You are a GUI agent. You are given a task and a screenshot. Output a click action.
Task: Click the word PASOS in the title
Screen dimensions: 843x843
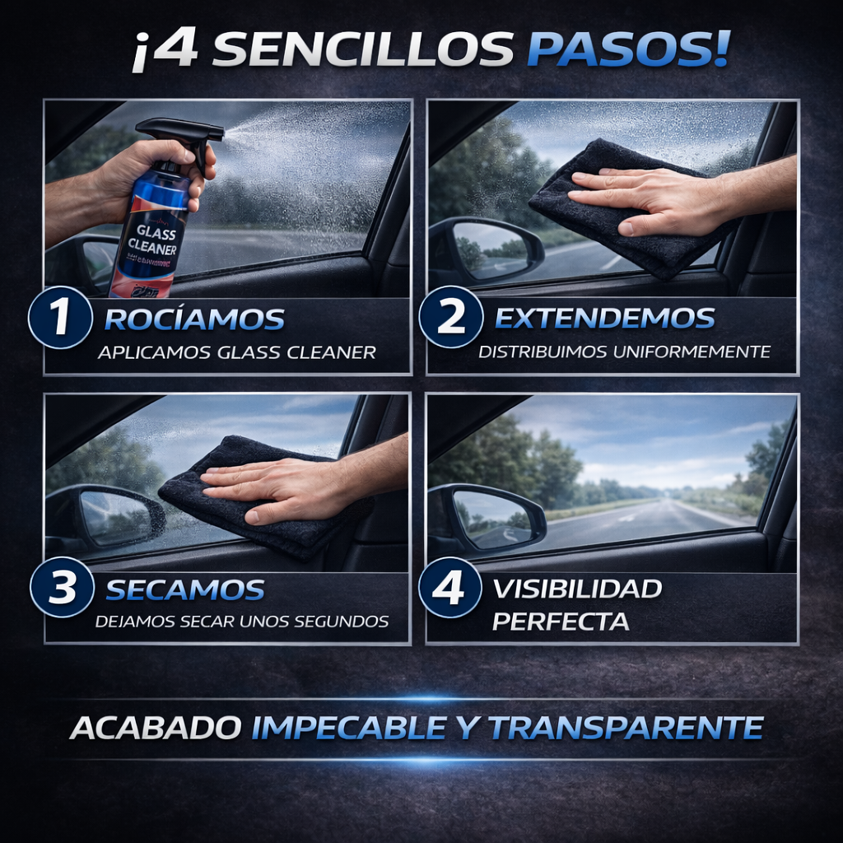[x=627, y=51]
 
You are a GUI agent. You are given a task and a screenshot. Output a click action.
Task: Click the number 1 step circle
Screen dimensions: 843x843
[x=60, y=319]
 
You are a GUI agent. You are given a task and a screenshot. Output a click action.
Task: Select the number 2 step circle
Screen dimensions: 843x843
[x=450, y=318]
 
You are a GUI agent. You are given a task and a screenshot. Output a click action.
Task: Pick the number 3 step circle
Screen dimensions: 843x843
[x=61, y=589]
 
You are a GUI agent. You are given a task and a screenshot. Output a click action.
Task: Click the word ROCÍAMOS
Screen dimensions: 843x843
[x=194, y=319]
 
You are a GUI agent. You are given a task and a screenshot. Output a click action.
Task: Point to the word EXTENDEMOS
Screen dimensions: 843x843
[x=604, y=319]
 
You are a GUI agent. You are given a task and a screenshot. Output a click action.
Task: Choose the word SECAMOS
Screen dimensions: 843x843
[x=185, y=589]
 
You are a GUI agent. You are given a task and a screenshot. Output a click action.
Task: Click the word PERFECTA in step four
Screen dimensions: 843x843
[x=561, y=621]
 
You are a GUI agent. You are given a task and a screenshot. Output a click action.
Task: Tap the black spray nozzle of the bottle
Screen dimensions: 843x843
[x=181, y=131]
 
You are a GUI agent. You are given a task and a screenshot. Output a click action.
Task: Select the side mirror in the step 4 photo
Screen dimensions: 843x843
[x=491, y=517]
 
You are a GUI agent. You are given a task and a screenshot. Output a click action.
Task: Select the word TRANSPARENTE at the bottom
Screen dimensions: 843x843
[x=626, y=728]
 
